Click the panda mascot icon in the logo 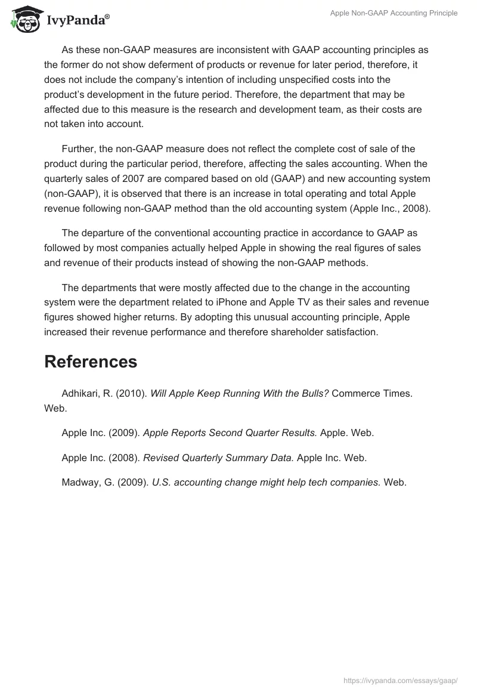pyautogui.click(x=24, y=18)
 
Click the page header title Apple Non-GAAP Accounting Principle pyautogui.click(x=394, y=13)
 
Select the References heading pyautogui.click(x=91, y=362)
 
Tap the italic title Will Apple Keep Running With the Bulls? pyautogui.click(x=240, y=394)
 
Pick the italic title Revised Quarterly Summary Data pyautogui.click(x=218, y=458)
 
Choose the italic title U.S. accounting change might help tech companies pyautogui.click(x=267, y=483)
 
